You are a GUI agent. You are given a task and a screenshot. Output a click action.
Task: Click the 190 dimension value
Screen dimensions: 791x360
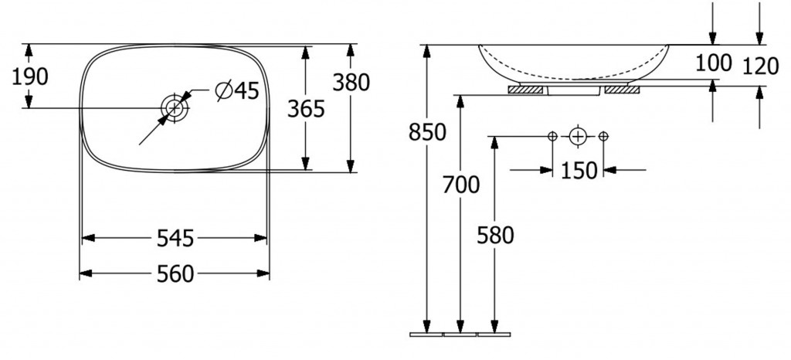click(30, 76)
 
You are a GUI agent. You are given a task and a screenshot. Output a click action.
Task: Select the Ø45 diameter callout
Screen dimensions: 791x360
click(237, 90)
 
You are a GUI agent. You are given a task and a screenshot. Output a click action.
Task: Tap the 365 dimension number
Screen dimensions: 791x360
click(306, 108)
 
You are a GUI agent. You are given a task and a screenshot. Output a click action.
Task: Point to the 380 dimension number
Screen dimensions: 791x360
click(351, 82)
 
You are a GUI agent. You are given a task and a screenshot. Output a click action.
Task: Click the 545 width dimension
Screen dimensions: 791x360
click(175, 238)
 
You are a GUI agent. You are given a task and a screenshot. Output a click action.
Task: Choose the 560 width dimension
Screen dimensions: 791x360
click(175, 273)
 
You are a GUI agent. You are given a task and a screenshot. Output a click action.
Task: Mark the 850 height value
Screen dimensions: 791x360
click(427, 132)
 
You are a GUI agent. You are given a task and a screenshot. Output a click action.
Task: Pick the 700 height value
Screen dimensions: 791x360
click(461, 185)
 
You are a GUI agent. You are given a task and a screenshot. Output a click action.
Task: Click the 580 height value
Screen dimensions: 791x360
click(495, 235)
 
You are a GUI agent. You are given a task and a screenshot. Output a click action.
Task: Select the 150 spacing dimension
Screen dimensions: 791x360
click(579, 171)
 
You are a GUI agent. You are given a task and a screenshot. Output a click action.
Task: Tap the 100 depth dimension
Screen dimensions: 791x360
click(714, 63)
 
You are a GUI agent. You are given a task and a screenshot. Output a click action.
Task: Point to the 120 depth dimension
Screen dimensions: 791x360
click(761, 66)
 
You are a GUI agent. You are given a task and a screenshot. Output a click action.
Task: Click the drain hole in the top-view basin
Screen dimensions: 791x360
click(175, 107)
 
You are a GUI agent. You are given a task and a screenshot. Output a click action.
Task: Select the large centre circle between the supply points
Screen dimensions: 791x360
click(578, 136)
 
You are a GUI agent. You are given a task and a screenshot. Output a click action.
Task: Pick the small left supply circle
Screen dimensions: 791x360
click(552, 136)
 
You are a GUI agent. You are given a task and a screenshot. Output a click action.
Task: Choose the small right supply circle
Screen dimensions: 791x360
click(603, 136)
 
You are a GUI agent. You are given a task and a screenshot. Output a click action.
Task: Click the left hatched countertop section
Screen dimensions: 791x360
click(525, 90)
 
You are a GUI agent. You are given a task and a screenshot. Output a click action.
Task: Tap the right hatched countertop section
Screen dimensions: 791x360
click(622, 90)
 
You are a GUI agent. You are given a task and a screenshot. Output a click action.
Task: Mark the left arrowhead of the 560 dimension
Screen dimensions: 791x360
click(86, 273)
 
